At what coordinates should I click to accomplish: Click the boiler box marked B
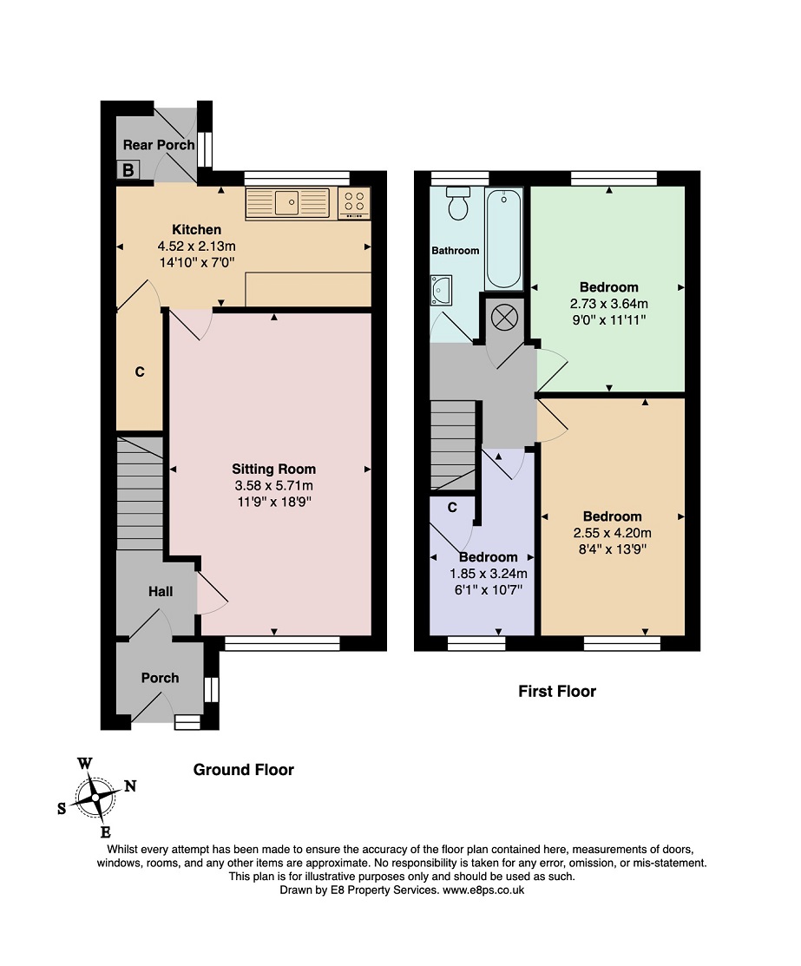128,169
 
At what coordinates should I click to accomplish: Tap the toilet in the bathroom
458,203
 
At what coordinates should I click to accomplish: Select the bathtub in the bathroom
503,239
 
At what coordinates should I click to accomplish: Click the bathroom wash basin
441,290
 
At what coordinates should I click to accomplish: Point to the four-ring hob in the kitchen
354,203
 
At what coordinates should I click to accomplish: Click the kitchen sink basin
286,203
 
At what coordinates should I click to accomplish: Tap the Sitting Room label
273,469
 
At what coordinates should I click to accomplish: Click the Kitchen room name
196,229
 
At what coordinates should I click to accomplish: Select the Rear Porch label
159,145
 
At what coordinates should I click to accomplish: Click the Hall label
161,591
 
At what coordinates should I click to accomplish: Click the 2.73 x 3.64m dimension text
608,304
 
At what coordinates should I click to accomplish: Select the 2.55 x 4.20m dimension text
613,533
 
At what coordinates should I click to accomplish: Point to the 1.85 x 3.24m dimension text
489,574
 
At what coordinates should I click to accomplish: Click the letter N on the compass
130,786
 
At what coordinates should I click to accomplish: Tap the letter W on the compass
84,764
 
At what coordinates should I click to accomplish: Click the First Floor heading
557,691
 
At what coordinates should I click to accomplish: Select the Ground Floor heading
243,770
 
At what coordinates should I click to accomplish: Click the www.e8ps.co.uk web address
483,890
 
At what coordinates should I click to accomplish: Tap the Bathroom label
456,250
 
